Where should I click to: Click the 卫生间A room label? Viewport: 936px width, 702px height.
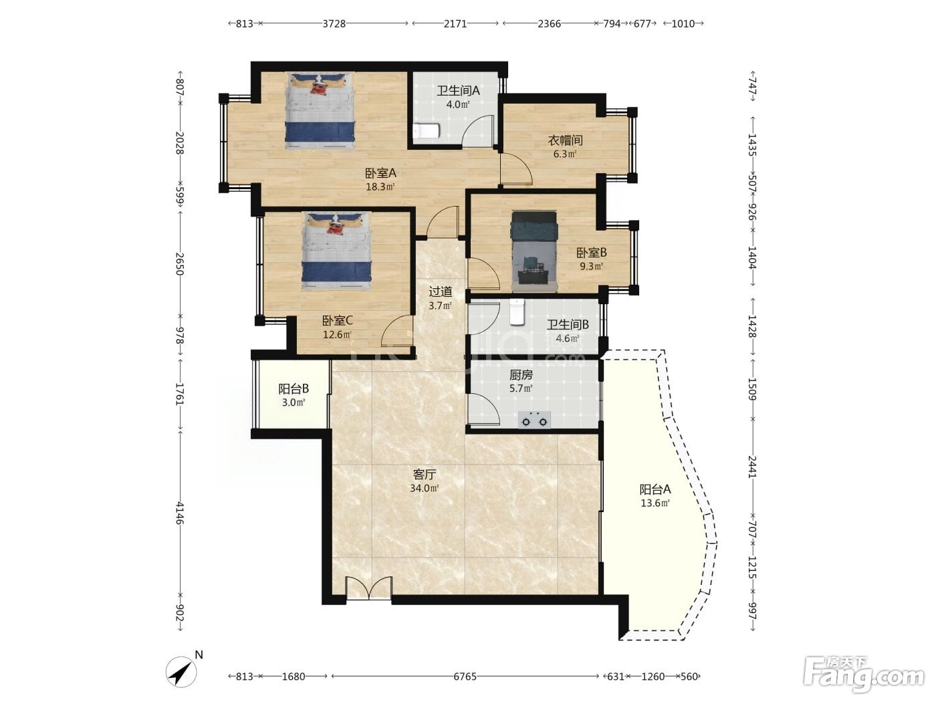click(458, 90)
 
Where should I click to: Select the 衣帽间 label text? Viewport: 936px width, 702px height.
click(565, 140)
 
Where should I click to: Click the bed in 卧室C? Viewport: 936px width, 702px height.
click(336, 251)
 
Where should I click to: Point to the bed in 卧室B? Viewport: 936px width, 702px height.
click(534, 251)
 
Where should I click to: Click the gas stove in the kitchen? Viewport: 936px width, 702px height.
click(534, 420)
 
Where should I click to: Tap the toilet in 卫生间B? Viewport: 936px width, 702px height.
click(517, 312)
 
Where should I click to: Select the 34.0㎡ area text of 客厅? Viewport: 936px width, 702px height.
click(425, 489)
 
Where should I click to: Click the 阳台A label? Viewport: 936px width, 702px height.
click(655, 489)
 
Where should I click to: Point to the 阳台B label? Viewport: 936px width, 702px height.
click(294, 388)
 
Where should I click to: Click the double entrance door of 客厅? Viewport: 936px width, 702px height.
click(369, 588)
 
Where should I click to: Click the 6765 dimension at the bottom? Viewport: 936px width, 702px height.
click(465, 677)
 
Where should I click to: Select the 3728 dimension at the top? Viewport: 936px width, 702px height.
click(334, 24)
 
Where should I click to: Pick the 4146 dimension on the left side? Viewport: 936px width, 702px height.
click(180, 513)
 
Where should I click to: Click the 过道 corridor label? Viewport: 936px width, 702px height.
click(440, 291)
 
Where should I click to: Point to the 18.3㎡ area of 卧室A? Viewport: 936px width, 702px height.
click(380, 187)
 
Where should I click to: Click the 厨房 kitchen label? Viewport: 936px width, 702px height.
click(521, 375)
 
